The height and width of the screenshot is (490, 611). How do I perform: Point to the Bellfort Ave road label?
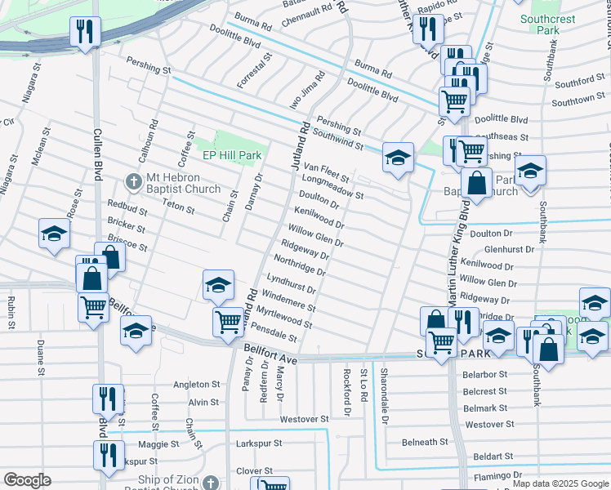[x=272, y=358]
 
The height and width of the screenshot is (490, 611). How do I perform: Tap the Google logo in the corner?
[x=27, y=480]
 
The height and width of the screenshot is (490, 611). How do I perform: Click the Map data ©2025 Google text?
[x=560, y=483]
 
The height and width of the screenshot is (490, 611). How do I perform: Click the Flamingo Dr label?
[x=493, y=474]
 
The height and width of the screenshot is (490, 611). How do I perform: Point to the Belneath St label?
[x=425, y=442]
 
